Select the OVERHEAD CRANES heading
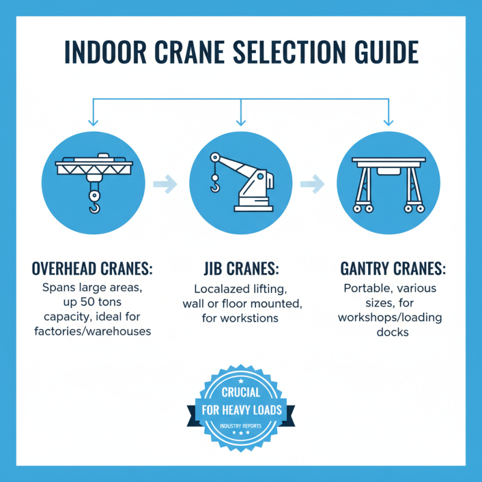pyautogui.click(x=91, y=267)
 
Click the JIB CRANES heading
pyautogui.click(x=241, y=267)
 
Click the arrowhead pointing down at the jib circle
pyautogui.click(x=241, y=119)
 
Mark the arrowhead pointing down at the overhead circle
pyautogui.click(x=92, y=119)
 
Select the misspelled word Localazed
pyautogui.click(x=219, y=288)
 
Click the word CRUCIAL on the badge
pyautogui.click(x=240, y=392)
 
